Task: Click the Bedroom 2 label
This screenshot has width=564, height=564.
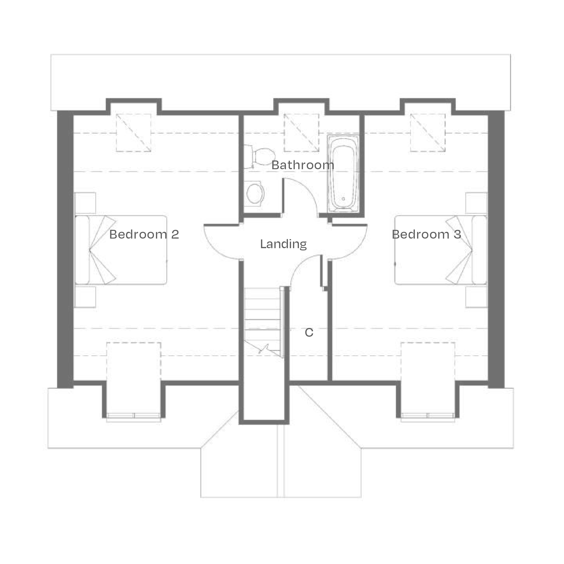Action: pos(144,234)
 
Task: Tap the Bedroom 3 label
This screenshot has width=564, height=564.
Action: pos(426,234)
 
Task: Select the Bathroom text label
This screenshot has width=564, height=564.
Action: pos(303,165)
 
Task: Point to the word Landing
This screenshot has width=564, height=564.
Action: pos(283,244)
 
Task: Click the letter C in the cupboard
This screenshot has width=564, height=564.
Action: pos(309,332)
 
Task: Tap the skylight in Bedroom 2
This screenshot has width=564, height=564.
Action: pos(133,133)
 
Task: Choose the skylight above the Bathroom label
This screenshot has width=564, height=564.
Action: pos(301,133)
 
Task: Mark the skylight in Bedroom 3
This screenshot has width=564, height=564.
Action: pos(428,133)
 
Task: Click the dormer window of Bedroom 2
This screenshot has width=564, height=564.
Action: pos(133,416)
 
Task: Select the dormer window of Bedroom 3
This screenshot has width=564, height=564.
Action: pos(428,416)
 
